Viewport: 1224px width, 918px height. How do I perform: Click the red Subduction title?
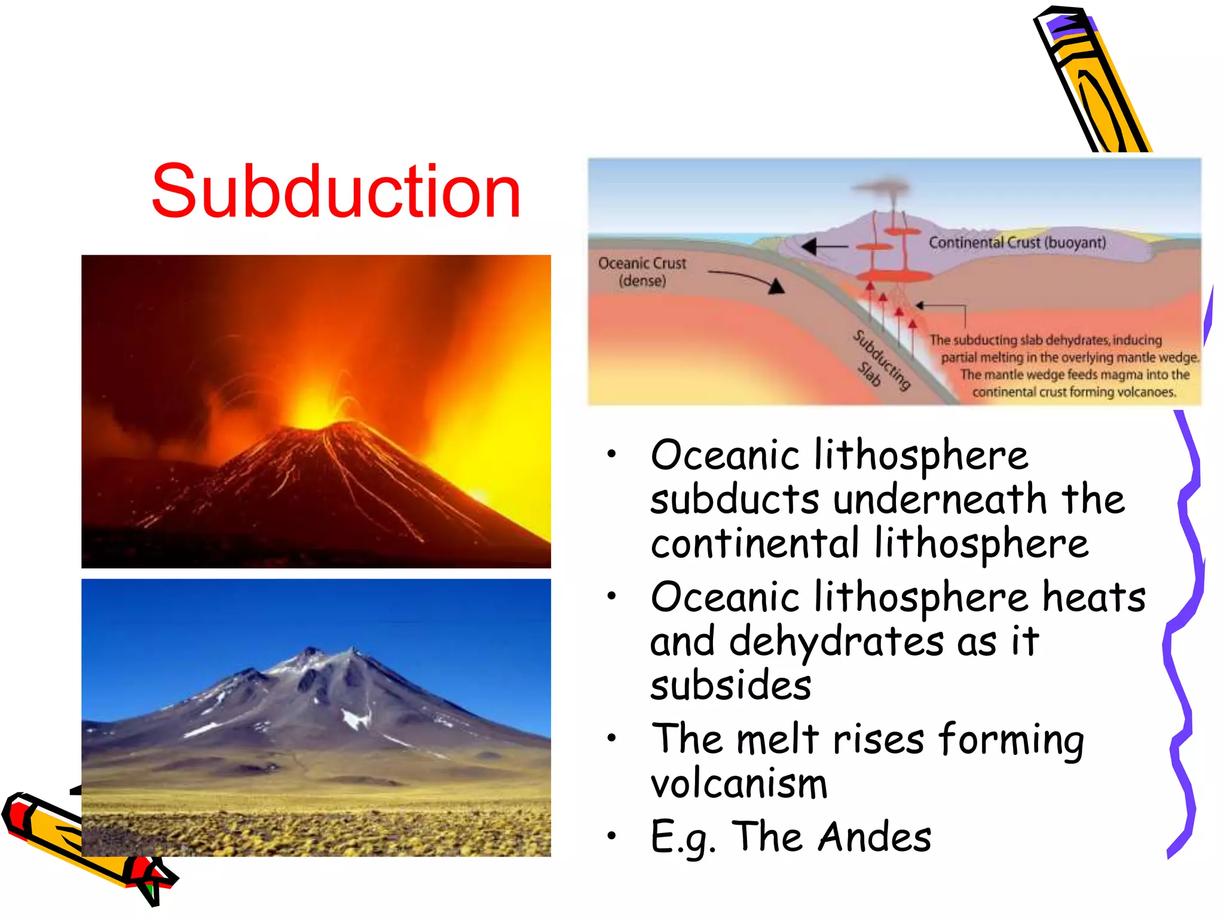pos(336,192)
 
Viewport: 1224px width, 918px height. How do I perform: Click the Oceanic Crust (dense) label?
pos(642,272)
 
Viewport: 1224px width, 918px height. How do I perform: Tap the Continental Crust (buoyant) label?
pos(1017,243)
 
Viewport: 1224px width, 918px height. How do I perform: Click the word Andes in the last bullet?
pos(874,836)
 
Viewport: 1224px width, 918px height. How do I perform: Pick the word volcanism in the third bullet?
pos(739,784)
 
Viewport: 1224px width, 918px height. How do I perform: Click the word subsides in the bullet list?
pos(730,686)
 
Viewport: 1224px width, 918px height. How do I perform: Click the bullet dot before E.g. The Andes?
pos(611,836)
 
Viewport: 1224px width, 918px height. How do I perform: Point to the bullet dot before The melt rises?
pos(611,738)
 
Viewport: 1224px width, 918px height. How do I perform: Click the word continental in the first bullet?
pos(754,543)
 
